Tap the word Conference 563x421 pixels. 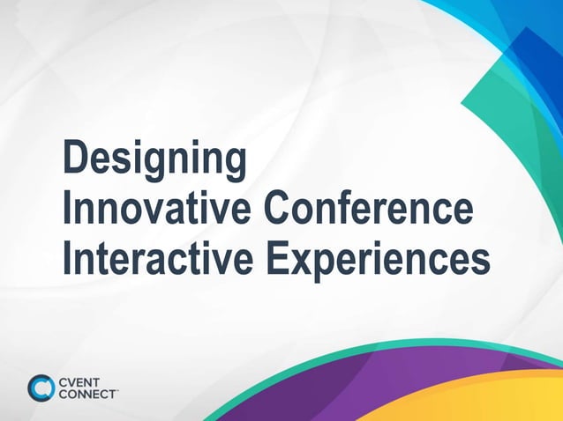[x=368, y=210]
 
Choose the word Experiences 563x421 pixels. [x=379, y=261]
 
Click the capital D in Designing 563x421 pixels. [x=75, y=159]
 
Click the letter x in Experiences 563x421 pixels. [x=302, y=262]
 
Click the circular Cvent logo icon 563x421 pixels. [x=41, y=388]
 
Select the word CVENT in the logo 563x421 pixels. [x=80, y=380]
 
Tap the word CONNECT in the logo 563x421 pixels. [x=86, y=394]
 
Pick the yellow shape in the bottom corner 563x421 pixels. [x=494, y=401]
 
